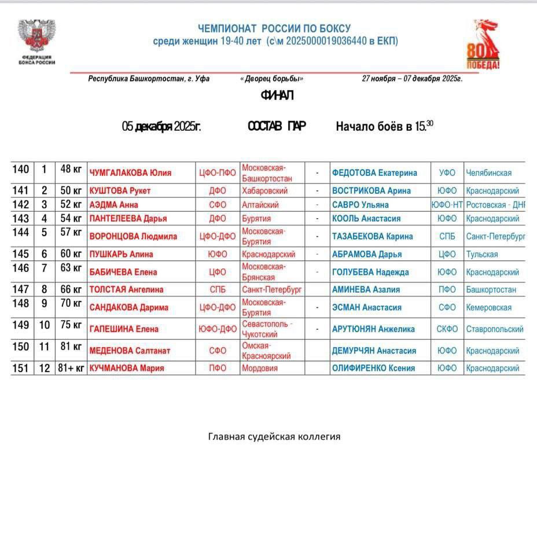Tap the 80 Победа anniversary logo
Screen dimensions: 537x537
[x=483, y=45]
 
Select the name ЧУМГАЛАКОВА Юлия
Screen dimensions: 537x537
[x=130, y=172]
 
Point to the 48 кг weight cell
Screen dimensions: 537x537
[x=71, y=169]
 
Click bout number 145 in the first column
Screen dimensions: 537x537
[x=21, y=254]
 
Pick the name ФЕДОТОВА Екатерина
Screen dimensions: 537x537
[x=374, y=172]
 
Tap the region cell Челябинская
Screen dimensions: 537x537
[x=488, y=172]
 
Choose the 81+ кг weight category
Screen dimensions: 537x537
[x=71, y=368]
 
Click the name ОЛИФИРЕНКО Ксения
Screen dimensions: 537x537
[x=373, y=368]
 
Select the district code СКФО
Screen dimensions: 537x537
[x=447, y=329]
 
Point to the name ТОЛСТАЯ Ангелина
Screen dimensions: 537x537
[x=126, y=289]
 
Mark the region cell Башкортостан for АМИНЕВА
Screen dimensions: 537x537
[x=491, y=289]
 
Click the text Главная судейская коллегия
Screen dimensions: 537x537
[x=274, y=436]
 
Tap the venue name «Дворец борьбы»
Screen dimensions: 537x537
[x=271, y=79]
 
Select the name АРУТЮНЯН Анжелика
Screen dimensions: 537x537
[x=373, y=329]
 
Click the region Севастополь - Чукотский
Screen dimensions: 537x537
[x=267, y=329]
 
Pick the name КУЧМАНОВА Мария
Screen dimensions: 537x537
[x=126, y=368]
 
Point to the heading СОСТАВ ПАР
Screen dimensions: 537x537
[x=277, y=126]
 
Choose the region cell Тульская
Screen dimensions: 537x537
[x=481, y=254]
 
